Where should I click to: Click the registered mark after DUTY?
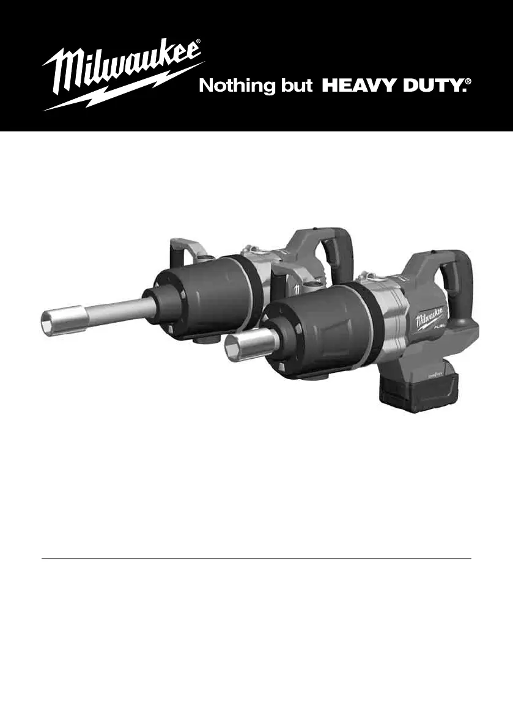click(468, 82)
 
